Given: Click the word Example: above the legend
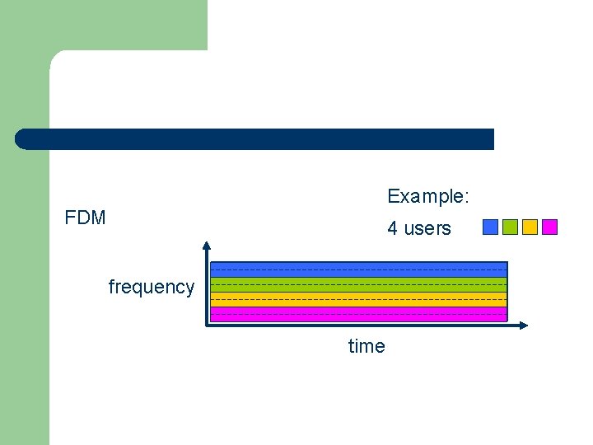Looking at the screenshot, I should click(x=428, y=196).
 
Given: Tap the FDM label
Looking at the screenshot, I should click(x=86, y=218).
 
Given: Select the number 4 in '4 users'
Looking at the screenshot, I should click(x=393, y=228).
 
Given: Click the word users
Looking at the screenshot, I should click(x=428, y=228).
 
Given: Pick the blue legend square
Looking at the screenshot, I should click(x=490, y=227).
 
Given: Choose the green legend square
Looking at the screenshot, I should click(x=510, y=227).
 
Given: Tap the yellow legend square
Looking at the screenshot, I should click(x=530, y=227).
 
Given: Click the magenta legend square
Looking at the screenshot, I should click(x=550, y=227).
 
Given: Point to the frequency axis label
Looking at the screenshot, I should click(x=152, y=287).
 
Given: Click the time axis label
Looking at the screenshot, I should click(x=367, y=346).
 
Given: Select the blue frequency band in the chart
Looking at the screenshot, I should click(x=358, y=269).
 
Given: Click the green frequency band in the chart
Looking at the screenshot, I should click(x=358, y=284).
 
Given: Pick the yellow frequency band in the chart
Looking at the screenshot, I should click(x=358, y=299).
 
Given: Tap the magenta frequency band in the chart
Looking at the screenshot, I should click(x=358, y=314).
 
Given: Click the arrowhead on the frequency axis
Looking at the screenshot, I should click(x=207, y=245).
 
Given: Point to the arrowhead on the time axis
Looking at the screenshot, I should click(x=524, y=326).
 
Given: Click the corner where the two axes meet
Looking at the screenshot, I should click(x=207, y=326).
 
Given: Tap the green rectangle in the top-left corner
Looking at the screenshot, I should click(x=103, y=25).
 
